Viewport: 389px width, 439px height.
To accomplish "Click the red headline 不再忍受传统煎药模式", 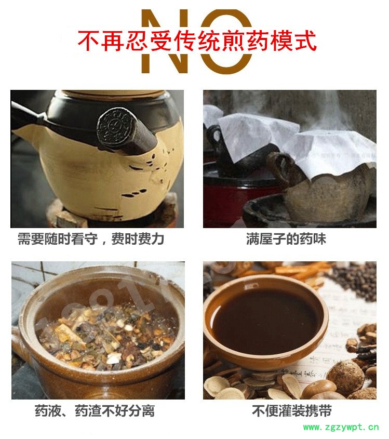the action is [x=197, y=41].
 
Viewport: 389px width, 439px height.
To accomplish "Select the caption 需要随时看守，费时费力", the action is [x=91, y=239].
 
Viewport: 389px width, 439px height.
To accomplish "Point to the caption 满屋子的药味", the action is [x=286, y=239].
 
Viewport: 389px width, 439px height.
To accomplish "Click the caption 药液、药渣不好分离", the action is [x=95, y=411].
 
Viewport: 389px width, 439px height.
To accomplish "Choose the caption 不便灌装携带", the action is [x=292, y=411].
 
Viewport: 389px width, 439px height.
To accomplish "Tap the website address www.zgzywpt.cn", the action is [x=341, y=427].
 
